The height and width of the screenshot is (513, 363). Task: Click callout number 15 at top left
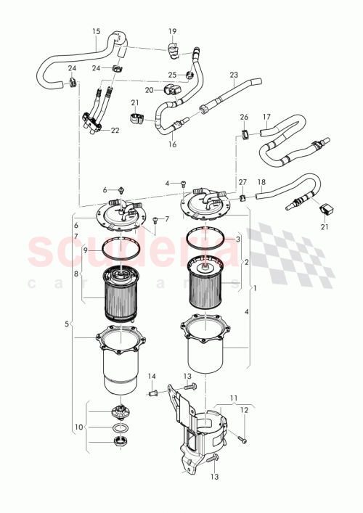pyautogui.click(x=96, y=31)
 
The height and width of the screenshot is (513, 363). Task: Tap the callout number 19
pyautogui.click(x=172, y=31)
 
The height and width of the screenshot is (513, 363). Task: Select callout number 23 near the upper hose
pyautogui.click(x=233, y=75)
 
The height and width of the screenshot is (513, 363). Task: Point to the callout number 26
pyautogui.click(x=244, y=117)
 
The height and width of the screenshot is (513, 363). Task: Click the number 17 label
pyautogui.click(x=266, y=116)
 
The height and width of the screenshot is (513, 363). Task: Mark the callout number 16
pyautogui.click(x=172, y=144)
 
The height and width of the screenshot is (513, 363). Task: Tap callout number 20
pyautogui.click(x=148, y=90)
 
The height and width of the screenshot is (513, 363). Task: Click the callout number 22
pyautogui.click(x=115, y=131)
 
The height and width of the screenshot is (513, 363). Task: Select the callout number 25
pyautogui.click(x=172, y=74)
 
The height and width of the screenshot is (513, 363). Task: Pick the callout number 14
pyautogui.click(x=152, y=376)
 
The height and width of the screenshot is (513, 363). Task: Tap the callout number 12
pyautogui.click(x=244, y=411)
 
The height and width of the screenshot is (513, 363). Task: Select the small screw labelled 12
pyautogui.click(x=242, y=438)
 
